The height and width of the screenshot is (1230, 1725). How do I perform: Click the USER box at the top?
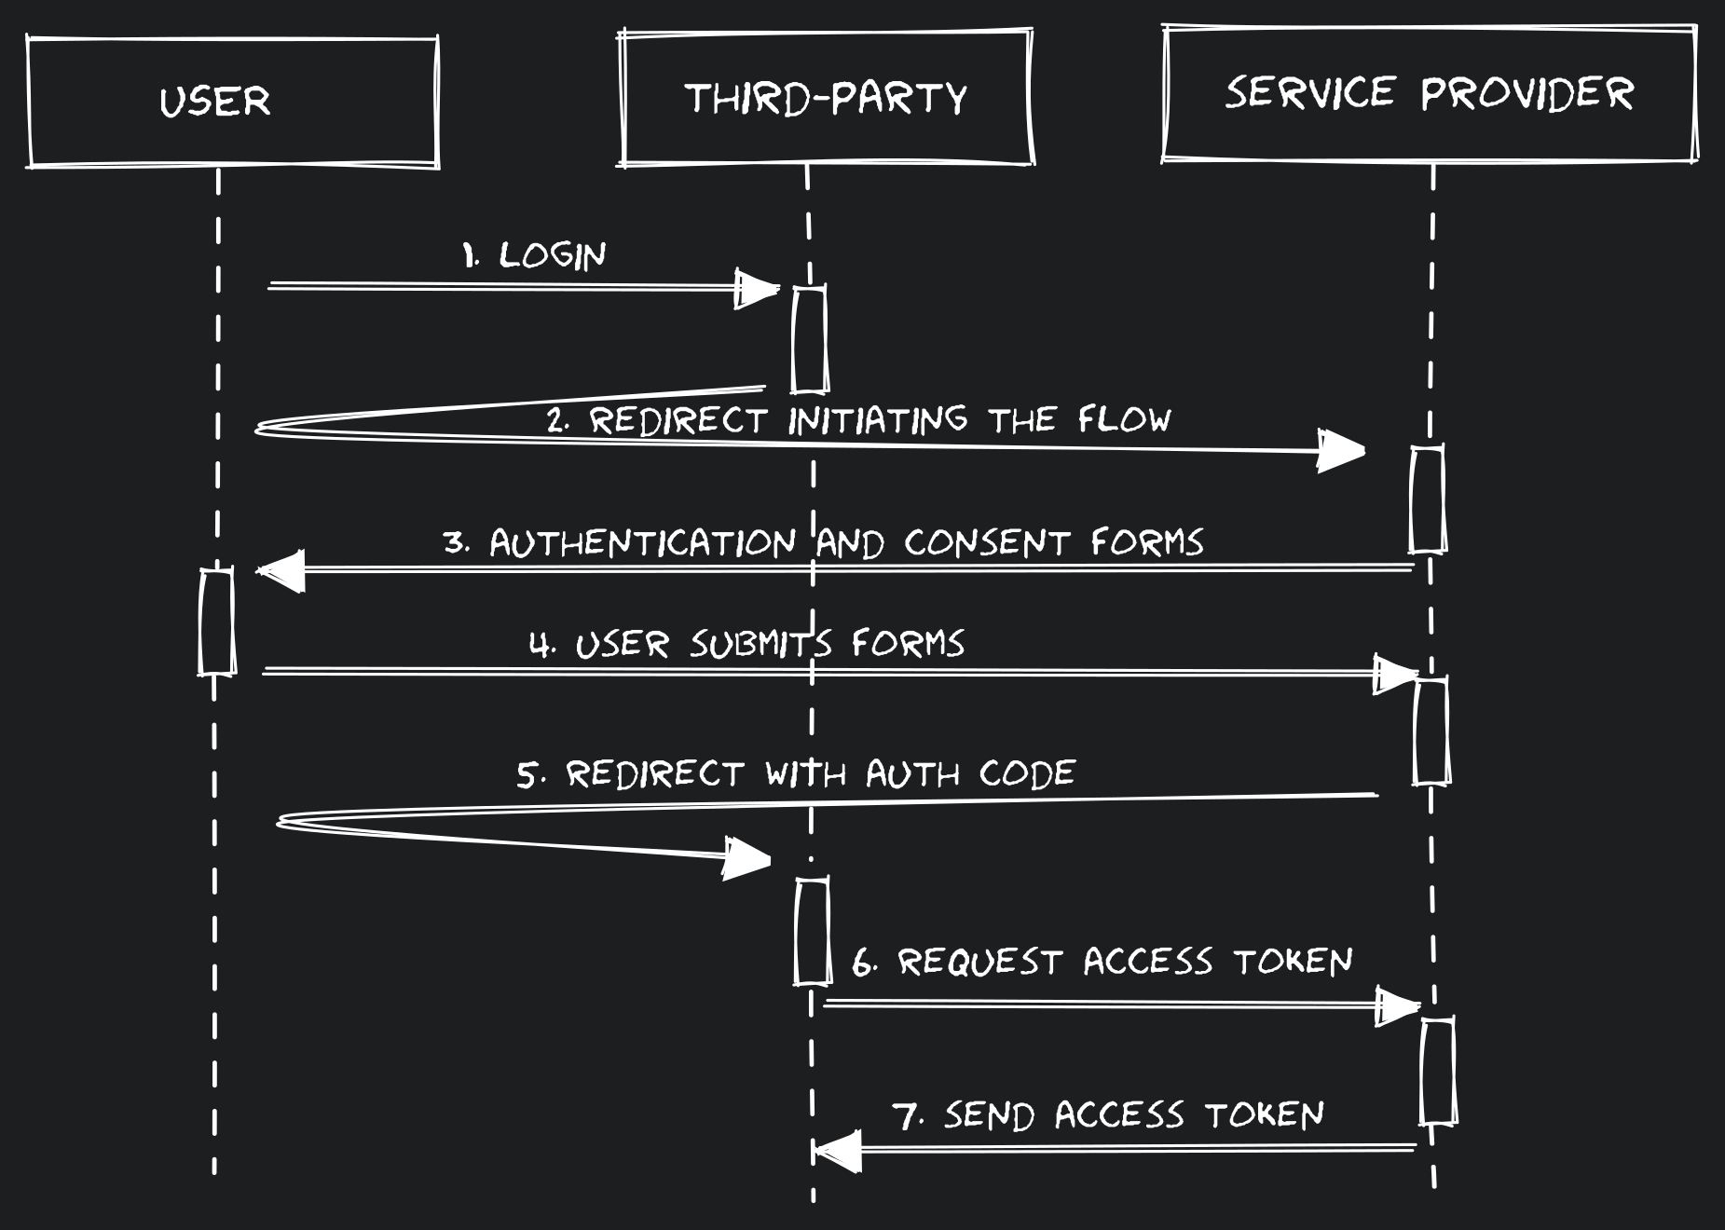233,102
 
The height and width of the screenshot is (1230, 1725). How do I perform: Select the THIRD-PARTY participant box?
826,98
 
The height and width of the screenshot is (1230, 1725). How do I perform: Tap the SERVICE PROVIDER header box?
1429,93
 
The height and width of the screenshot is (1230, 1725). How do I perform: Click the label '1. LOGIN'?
535,254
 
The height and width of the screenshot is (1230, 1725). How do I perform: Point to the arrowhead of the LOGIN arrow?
757,290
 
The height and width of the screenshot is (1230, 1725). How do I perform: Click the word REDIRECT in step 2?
678,420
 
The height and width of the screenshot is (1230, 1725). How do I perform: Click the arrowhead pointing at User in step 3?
281,570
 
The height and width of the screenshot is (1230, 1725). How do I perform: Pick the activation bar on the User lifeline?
217,622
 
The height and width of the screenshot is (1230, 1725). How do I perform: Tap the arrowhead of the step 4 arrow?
1396,674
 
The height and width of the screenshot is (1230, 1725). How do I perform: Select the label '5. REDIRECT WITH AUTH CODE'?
796,774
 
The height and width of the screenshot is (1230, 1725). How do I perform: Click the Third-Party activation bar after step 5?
812,930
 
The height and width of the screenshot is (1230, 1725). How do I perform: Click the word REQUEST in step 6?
979,962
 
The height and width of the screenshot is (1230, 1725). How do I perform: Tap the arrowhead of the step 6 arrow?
1398,1007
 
